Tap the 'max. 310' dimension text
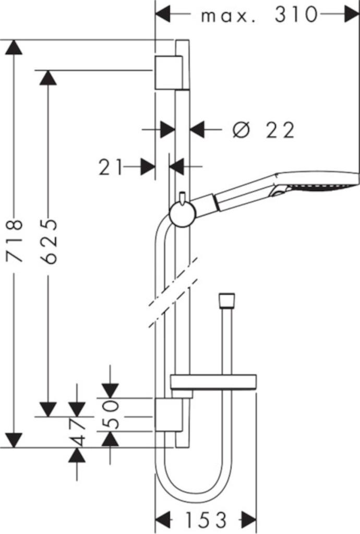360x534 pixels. tap(259, 15)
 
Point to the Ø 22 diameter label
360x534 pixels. tap(263, 130)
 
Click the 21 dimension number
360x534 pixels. tap(111, 167)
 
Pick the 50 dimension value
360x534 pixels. tap(111, 415)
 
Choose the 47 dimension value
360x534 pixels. tap(78, 432)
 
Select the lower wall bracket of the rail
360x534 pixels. tap(169, 415)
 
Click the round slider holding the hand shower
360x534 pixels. tap(183, 213)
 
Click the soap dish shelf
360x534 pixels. tap(213, 383)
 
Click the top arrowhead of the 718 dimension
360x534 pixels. tap(14, 47)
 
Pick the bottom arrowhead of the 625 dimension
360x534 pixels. tap(48, 409)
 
